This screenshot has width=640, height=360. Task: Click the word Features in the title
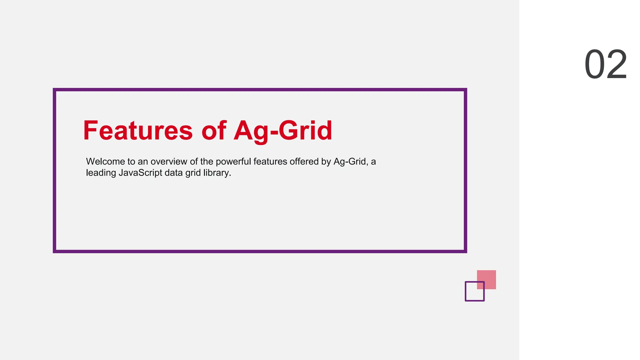138,131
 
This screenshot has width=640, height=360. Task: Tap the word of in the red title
214,131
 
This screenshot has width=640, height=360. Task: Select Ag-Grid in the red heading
283,131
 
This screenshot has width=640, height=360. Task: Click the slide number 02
606,65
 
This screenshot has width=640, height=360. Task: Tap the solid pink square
489,277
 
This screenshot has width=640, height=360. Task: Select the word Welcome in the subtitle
105,162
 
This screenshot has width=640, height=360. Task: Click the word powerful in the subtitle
233,162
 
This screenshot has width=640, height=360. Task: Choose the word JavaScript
140,173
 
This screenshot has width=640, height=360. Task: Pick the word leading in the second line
101,173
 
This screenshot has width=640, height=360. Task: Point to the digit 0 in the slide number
594,65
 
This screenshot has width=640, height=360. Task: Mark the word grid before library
192,173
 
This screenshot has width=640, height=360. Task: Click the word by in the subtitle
326,162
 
